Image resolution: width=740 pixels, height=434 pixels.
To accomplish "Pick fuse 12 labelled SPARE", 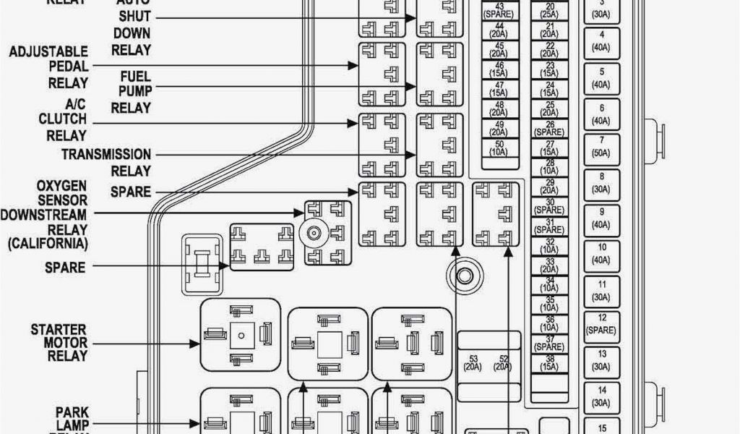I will [x=601, y=323].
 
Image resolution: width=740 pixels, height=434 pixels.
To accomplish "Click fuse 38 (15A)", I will [x=550, y=362].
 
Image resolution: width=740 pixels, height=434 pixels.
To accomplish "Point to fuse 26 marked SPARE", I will [x=550, y=129].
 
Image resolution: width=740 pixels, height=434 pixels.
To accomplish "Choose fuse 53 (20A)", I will [x=474, y=363].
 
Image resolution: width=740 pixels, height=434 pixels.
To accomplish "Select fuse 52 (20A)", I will [x=504, y=363].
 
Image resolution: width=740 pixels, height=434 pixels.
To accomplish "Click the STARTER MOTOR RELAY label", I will [x=59, y=343].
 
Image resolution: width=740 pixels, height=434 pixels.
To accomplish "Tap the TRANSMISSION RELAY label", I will [x=106, y=163].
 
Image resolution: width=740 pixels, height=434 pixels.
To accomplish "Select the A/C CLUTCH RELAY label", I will [x=66, y=119].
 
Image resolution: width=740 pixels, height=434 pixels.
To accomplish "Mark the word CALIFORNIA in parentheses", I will [x=48, y=244].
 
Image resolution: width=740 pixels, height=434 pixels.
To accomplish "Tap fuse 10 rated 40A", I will [x=601, y=253].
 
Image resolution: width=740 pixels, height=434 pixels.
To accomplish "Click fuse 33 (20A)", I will [x=550, y=265].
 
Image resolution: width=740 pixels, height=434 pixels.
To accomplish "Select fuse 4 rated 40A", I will [x=601, y=41].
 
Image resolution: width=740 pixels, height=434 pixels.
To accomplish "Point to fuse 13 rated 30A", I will [x=601, y=359].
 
